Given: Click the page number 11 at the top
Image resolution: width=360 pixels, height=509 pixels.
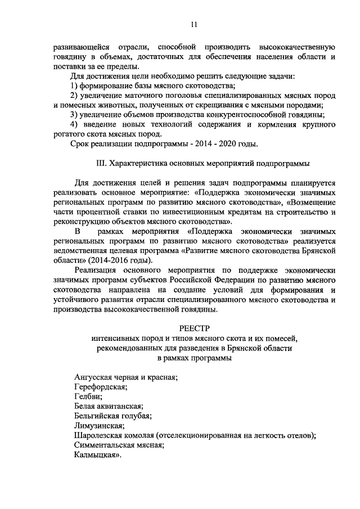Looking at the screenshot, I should coord(193,24).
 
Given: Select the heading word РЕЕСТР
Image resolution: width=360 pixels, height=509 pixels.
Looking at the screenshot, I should coord(193,327).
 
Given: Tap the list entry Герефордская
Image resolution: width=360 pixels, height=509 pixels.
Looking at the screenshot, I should coord(101,387).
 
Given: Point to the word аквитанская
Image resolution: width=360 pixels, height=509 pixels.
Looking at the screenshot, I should coord(119,407).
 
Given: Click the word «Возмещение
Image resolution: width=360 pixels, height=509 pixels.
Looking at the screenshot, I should coord(312,202).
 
